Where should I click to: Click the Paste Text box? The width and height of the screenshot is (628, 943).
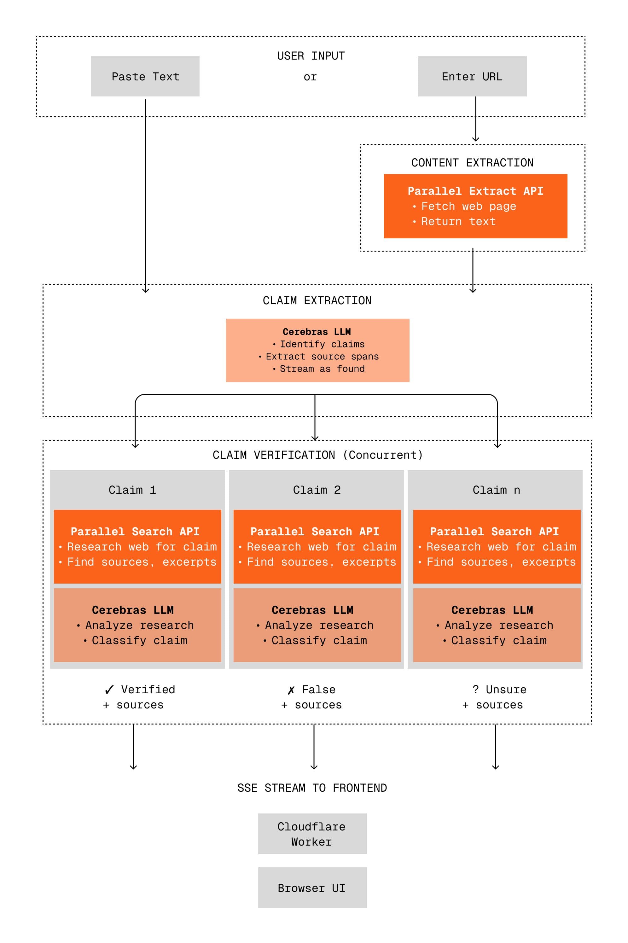145,76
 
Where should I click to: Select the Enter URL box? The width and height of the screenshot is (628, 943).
472,76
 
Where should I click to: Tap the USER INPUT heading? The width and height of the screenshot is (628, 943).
311,56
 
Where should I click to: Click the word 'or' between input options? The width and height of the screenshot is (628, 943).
310,77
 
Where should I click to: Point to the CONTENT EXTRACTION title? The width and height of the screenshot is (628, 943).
472,163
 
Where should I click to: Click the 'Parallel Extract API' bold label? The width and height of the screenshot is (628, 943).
475,191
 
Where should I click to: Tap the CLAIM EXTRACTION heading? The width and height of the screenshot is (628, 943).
317,300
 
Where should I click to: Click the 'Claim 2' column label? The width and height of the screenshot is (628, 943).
317,490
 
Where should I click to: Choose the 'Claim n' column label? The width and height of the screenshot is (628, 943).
496,490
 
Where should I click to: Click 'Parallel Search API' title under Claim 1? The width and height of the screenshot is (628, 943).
135,531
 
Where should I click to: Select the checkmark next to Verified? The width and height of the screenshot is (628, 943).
109,690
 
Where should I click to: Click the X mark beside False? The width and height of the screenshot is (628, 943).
291,690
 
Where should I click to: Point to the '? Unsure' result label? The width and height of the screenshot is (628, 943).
499,689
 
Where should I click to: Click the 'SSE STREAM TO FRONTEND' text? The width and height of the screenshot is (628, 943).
312,788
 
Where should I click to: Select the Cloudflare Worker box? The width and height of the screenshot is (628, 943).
312,834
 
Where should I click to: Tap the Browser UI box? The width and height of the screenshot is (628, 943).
312,888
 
